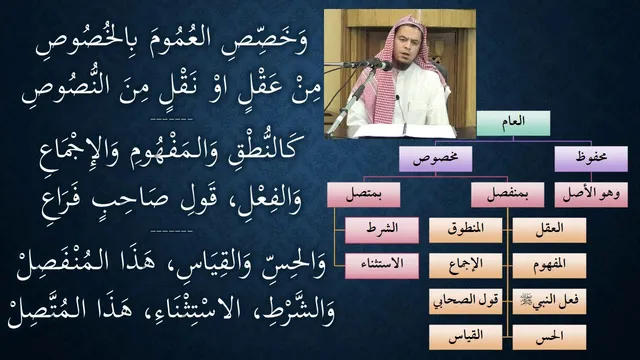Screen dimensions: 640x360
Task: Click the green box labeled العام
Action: click(x=513, y=123)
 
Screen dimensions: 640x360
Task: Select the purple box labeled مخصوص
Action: click(x=436, y=159)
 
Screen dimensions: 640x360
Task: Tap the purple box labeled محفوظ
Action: click(x=591, y=159)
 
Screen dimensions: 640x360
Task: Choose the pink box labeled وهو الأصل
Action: click(x=591, y=195)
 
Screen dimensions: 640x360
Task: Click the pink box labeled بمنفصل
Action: click(x=507, y=195)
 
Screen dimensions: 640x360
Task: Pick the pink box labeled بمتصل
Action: click(x=364, y=195)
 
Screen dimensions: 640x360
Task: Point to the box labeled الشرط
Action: click(x=382, y=230)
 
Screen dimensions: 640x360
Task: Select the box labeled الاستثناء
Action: click(x=382, y=266)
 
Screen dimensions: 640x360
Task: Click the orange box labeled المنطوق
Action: click(x=465, y=230)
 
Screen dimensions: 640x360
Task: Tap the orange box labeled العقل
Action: click(x=549, y=230)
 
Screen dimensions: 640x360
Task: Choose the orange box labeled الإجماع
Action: click(x=465, y=266)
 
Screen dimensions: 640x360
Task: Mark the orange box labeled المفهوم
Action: click(x=549, y=266)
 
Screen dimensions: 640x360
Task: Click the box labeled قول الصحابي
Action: click(x=465, y=302)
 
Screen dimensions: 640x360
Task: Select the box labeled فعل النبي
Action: click(x=549, y=302)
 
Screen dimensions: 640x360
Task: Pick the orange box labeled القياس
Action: click(x=465, y=337)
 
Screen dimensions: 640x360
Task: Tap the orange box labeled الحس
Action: click(x=549, y=337)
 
